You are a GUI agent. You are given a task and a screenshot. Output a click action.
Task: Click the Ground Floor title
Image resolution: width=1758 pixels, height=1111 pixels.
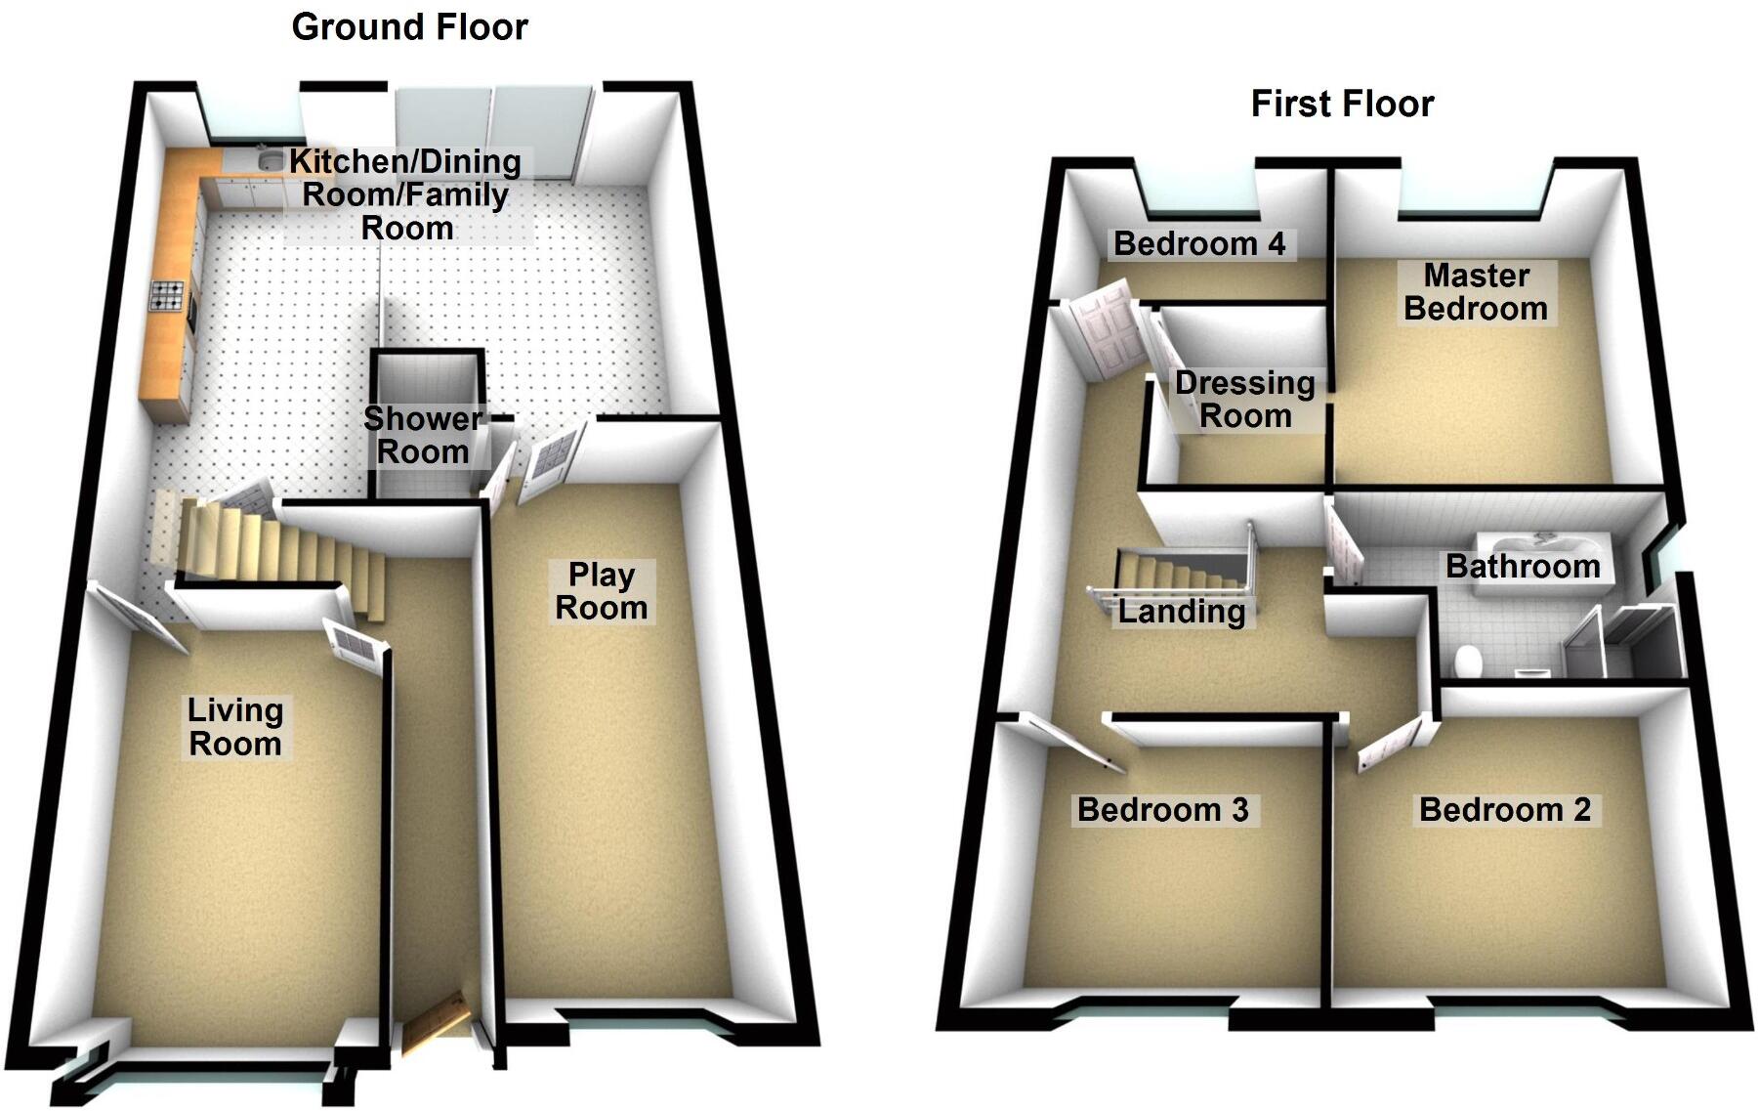tap(409, 26)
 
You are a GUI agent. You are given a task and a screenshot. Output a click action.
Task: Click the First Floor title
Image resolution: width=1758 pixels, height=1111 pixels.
tap(1342, 103)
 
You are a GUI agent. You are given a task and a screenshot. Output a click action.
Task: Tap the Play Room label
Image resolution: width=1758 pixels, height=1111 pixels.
tap(602, 591)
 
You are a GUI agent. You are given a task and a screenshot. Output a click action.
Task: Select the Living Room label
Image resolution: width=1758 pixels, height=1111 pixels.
tap(235, 727)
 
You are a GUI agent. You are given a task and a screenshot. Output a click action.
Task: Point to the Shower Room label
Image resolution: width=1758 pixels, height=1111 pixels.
tap(422, 435)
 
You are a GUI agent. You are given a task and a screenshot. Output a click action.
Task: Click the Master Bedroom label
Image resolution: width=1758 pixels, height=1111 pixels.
tap(1476, 292)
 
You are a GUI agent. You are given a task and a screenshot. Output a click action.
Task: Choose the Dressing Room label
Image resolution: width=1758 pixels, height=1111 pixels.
tap(1244, 400)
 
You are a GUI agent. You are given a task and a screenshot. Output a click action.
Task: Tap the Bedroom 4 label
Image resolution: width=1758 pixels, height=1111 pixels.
tap(1199, 243)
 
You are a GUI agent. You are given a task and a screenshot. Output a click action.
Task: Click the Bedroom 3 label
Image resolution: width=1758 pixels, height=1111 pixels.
tap(1162, 809)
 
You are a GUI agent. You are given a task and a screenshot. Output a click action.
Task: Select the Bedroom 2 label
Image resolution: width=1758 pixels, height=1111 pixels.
tap(1504, 809)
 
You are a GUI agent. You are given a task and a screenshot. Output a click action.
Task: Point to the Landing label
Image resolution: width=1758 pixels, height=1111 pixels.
tap(1182, 612)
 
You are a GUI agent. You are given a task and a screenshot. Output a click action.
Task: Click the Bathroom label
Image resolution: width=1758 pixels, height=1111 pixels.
tap(1522, 566)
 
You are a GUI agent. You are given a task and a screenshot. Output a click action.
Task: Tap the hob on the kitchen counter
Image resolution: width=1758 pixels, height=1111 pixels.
tap(166, 295)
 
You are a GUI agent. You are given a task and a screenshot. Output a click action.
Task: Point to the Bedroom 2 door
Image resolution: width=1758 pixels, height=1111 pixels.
tap(1388, 745)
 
